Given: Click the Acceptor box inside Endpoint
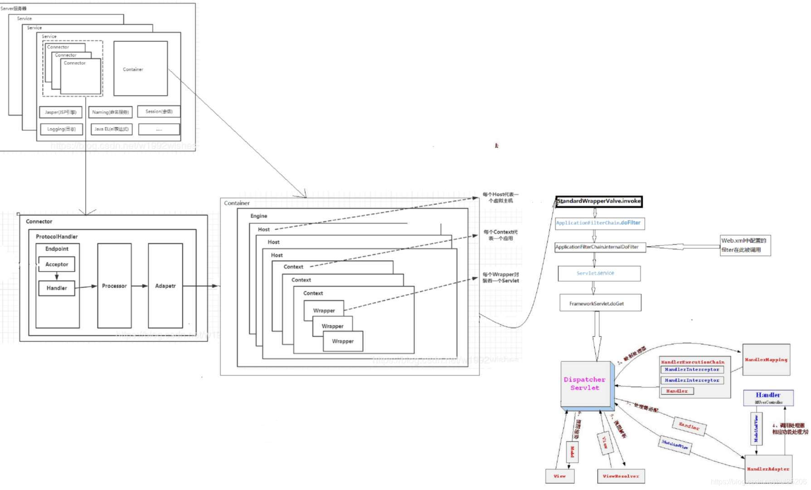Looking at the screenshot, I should (57, 264).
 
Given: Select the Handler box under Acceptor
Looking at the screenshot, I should (57, 288).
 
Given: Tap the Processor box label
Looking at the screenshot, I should (114, 286).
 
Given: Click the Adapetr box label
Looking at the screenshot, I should (165, 286).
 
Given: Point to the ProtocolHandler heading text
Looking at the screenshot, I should (57, 236).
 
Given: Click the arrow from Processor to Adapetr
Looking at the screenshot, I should (140, 286).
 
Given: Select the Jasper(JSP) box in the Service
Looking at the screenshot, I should (61, 112).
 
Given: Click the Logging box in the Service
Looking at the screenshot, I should (61, 129).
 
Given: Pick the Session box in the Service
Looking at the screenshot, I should (159, 112).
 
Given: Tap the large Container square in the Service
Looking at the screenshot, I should (141, 69).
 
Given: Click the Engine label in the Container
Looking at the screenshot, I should (259, 216).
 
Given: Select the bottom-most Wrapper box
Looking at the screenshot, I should (343, 341).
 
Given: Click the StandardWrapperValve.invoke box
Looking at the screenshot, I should (598, 201).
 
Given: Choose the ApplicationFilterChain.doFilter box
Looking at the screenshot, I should (598, 223).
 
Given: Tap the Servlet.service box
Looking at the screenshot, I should (598, 273).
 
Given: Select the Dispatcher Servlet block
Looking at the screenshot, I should (585, 384).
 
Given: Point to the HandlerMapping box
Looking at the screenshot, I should (766, 360).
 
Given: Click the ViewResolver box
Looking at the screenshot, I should (621, 476).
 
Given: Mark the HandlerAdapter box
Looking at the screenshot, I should (768, 469).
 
